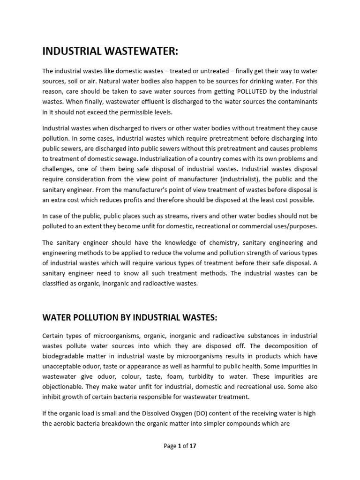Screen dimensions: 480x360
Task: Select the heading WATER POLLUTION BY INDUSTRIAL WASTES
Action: pyautogui.click(x=130, y=318)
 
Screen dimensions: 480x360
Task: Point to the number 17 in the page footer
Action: pyautogui.click(x=193, y=446)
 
